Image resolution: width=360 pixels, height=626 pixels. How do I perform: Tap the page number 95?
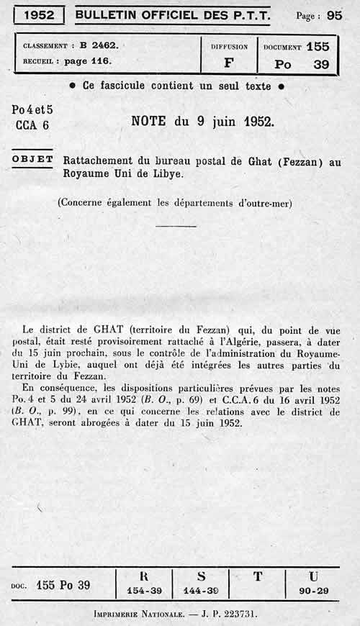pos(334,14)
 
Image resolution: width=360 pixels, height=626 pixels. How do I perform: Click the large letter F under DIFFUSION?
pos(228,63)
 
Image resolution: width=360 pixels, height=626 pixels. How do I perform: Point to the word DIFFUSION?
pos(228,47)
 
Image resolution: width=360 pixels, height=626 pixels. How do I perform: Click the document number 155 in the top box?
pos(317,47)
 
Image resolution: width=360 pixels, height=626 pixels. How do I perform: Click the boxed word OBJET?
pos(33,159)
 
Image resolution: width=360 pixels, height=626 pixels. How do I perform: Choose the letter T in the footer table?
pos(258,576)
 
